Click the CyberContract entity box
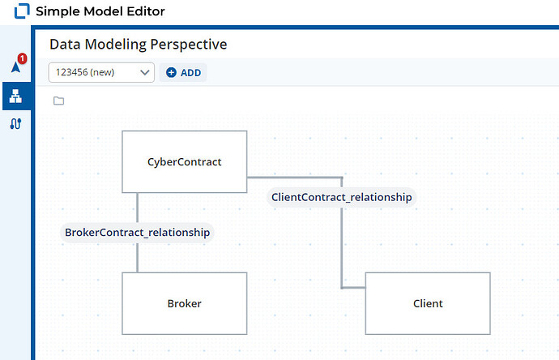(185, 161)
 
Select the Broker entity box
(185, 303)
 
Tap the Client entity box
(428, 303)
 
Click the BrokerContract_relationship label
(137, 233)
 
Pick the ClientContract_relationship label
(342, 197)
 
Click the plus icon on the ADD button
(171, 72)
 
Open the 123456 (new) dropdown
(101, 72)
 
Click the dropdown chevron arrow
(145, 72)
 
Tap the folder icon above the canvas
(59, 101)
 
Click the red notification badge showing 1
(22, 58)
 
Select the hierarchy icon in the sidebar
(15, 96)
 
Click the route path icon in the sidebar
(15, 124)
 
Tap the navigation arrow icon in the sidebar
(15, 66)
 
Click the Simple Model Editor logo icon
(22, 11)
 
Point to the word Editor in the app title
(146, 11)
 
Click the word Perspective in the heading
(189, 45)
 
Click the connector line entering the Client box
(354, 288)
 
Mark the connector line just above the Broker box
(138, 258)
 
